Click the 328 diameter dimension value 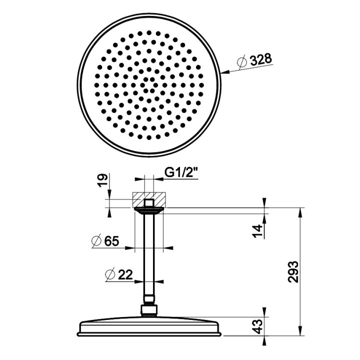pos(261,60)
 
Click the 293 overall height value pos(294,271)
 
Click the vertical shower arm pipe pos(148,255)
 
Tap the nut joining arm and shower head pos(148,310)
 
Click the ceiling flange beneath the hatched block pos(148,210)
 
